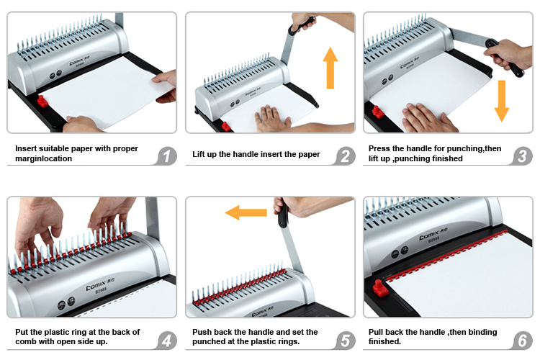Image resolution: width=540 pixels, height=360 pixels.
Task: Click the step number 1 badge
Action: click(x=167, y=156)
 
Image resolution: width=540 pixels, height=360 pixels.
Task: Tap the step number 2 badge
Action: click(x=346, y=156)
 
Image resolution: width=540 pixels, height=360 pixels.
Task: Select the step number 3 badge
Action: click(x=523, y=156)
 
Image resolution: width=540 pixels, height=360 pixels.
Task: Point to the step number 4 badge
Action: click(x=167, y=341)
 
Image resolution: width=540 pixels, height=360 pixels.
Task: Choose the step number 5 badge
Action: click(x=346, y=341)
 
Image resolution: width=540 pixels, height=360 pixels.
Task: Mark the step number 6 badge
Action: click(x=523, y=341)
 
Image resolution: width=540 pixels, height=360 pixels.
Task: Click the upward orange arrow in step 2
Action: click(x=330, y=68)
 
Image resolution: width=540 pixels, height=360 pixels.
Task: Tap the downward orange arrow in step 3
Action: click(x=502, y=101)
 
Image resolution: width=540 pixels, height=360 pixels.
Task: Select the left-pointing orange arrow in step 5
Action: click(x=246, y=212)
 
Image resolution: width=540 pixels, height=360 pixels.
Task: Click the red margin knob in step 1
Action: click(x=42, y=102)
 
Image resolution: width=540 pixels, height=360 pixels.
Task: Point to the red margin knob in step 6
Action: click(x=381, y=287)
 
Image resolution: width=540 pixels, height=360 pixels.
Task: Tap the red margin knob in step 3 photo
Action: click(x=378, y=112)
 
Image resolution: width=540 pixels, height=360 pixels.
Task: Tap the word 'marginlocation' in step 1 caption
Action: click(x=44, y=158)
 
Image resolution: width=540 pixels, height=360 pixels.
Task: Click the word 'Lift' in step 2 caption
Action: click(x=198, y=154)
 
